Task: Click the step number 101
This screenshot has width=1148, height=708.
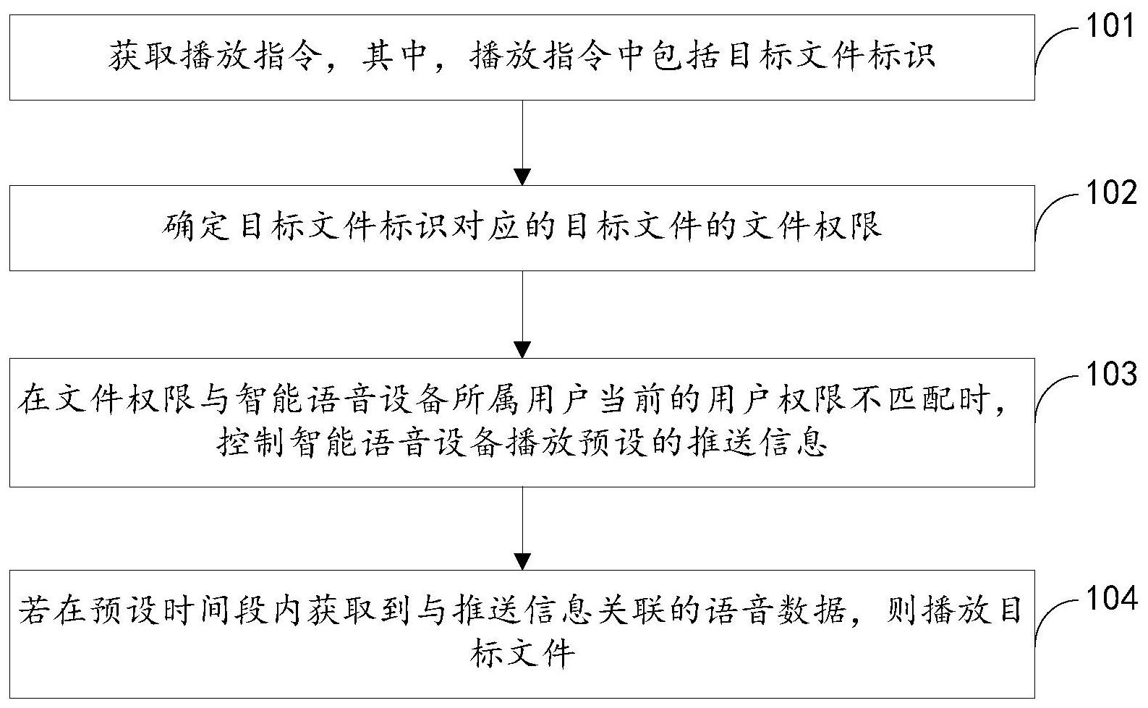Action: tap(1110, 25)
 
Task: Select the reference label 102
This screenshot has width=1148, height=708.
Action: tap(1110, 193)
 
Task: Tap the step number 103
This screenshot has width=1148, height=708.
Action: tap(1110, 374)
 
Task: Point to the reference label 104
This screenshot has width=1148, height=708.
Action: tap(1110, 598)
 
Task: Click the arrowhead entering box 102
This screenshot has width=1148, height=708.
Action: tap(522, 176)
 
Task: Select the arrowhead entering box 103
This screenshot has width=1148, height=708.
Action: tap(522, 349)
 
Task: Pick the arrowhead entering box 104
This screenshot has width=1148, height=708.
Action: tap(522, 561)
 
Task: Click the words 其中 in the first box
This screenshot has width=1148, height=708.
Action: tap(395, 56)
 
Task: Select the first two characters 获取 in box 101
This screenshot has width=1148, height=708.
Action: tap(142, 56)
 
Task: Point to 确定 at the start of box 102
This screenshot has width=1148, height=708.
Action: tap(195, 226)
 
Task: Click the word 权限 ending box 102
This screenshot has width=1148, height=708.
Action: tap(849, 226)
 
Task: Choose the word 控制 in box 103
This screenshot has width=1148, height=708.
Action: tap(250, 442)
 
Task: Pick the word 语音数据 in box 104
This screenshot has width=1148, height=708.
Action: tap(775, 610)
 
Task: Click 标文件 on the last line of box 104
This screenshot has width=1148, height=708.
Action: tap(522, 652)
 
